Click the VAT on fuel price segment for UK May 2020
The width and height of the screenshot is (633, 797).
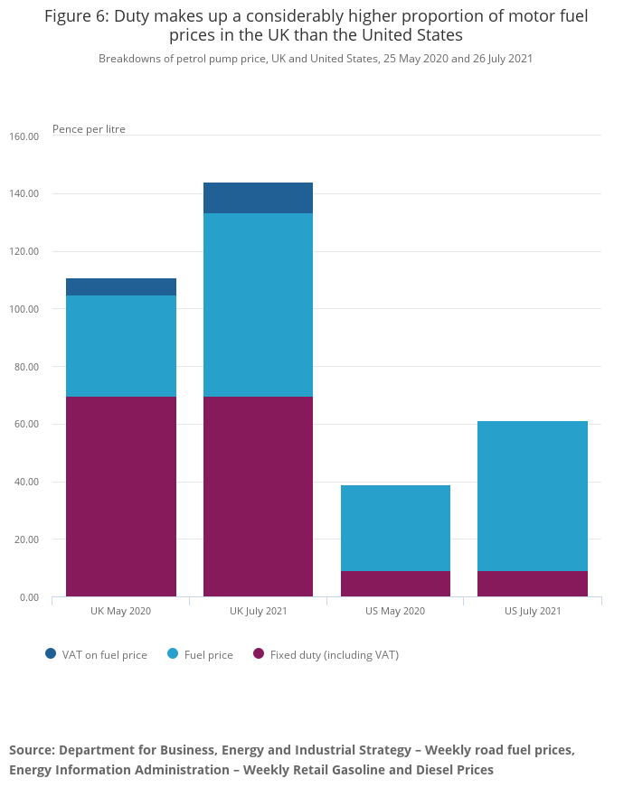tap(121, 287)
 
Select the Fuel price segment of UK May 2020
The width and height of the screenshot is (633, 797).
tap(121, 346)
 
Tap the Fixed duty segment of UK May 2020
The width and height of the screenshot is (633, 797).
tap(121, 496)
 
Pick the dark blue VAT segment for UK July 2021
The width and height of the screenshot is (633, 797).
tap(258, 198)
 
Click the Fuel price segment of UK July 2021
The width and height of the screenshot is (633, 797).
tap(258, 305)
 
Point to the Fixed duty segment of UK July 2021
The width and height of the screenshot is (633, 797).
tap(258, 496)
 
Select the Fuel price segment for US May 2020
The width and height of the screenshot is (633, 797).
tap(395, 528)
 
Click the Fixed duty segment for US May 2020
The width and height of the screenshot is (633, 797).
tap(395, 584)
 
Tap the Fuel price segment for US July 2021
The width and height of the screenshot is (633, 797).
tap(533, 496)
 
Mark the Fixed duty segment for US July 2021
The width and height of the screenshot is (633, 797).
tap(533, 584)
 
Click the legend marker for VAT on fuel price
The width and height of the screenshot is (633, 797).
tap(51, 654)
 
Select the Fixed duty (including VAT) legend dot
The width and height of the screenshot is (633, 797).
tap(258, 654)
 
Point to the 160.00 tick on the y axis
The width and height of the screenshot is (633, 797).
tap(24, 136)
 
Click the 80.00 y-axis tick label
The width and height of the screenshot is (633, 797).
tap(24, 367)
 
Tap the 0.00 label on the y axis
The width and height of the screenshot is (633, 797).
tap(28, 597)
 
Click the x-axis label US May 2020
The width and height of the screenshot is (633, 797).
tap(395, 611)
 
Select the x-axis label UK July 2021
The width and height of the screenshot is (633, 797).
tap(258, 611)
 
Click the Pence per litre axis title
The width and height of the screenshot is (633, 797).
tap(89, 129)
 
